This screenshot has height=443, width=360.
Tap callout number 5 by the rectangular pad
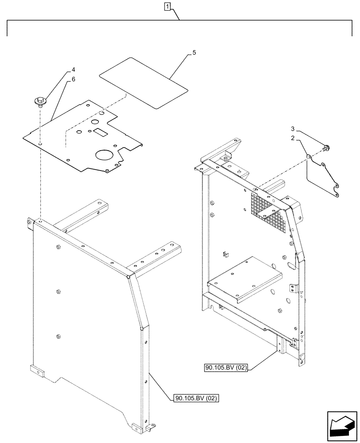(x=194, y=53)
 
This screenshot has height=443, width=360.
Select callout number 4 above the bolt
(x=74, y=70)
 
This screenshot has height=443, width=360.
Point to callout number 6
(x=74, y=79)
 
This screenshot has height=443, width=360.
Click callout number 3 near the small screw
(x=292, y=128)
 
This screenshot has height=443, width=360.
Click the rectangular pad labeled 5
(x=142, y=83)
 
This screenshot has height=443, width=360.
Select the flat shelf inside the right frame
(x=247, y=276)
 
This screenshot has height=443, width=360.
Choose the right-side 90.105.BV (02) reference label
(x=226, y=367)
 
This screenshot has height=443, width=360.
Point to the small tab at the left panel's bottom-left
(x=37, y=370)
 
